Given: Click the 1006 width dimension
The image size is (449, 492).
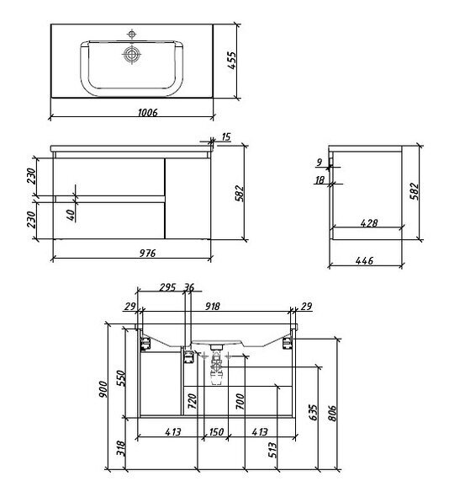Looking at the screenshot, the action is coord(147,112).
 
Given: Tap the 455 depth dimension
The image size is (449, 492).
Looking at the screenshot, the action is coord(232,61).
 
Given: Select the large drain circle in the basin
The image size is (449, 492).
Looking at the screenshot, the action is coord(132,54).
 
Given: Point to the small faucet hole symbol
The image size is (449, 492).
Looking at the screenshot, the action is coord(131,34).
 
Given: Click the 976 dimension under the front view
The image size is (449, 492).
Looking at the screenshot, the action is coord(147,253).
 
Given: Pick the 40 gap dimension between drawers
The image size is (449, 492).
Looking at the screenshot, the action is coord(71,215).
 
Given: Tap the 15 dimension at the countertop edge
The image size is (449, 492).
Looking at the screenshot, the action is coord(225,136).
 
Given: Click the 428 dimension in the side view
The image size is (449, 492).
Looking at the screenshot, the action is coord(369,223).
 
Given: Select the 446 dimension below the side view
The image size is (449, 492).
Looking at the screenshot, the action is coord(364,260).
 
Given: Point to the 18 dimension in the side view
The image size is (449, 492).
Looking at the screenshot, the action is coord(320,179).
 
